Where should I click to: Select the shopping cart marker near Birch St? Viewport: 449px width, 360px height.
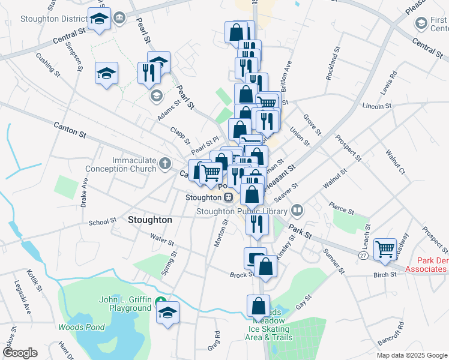tap(384, 249)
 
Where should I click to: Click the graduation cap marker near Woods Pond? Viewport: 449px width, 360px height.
tap(167, 312)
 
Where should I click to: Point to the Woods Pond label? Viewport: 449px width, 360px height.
tap(82, 328)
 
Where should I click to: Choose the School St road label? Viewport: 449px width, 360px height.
tap(102, 221)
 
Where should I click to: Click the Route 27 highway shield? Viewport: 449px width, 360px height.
tap(363, 256)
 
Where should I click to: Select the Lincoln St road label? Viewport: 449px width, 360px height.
tap(377, 106)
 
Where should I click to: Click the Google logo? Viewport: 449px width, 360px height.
tap(20, 353)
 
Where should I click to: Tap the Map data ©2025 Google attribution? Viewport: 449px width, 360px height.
tap(412, 355)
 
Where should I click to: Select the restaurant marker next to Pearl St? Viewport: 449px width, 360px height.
tap(147, 73)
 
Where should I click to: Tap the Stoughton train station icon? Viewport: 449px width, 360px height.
tap(228, 197)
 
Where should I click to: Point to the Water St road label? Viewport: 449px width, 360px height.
tap(162, 242)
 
